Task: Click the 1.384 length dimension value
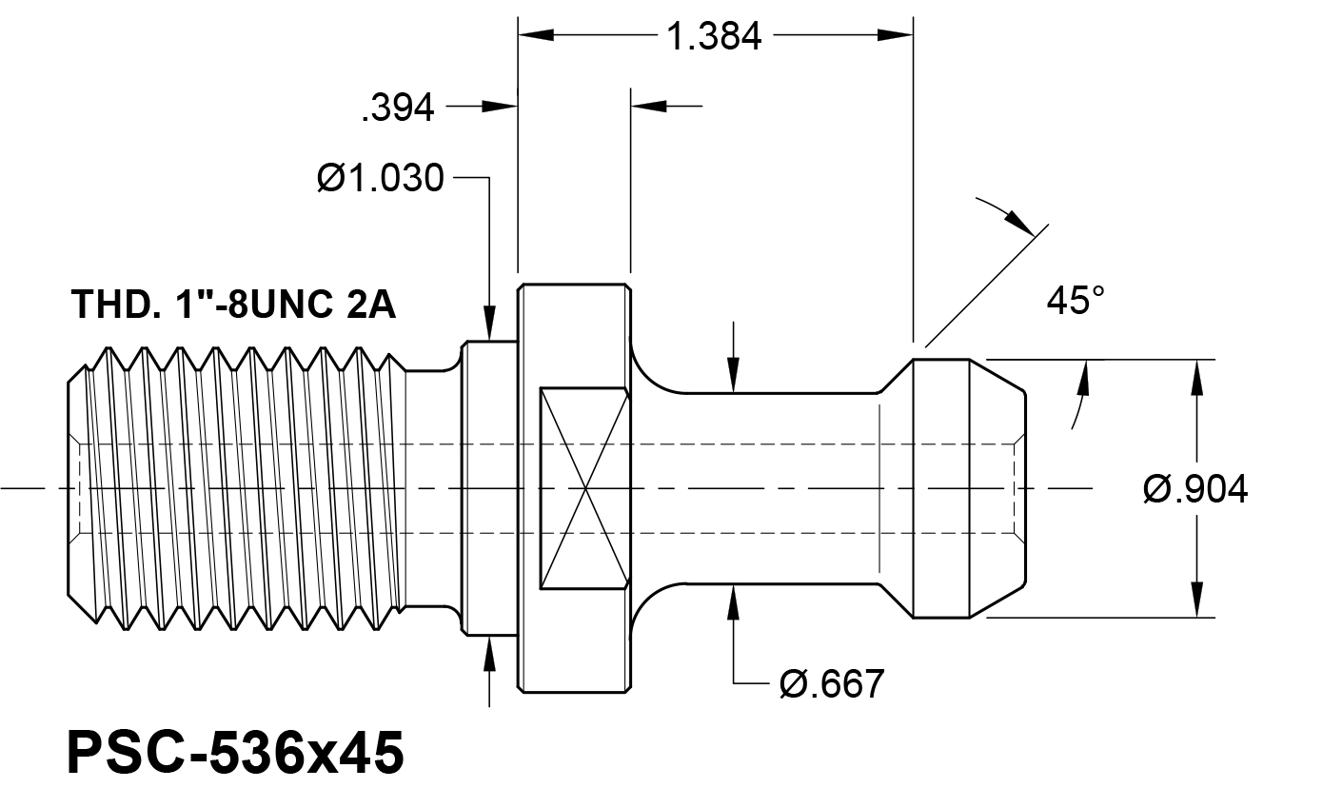[x=714, y=36]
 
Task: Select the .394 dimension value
[x=398, y=108]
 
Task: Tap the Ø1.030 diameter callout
[x=381, y=178]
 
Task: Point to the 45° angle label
[x=1076, y=300]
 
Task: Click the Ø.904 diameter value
[x=1195, y=489]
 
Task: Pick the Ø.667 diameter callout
[x=832, y=683]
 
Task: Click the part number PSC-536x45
[x=236, y=752]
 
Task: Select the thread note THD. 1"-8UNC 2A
[x=233, y=305]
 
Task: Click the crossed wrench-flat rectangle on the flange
[x=584, y=488]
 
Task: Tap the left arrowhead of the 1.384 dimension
[x=536, y=35]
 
